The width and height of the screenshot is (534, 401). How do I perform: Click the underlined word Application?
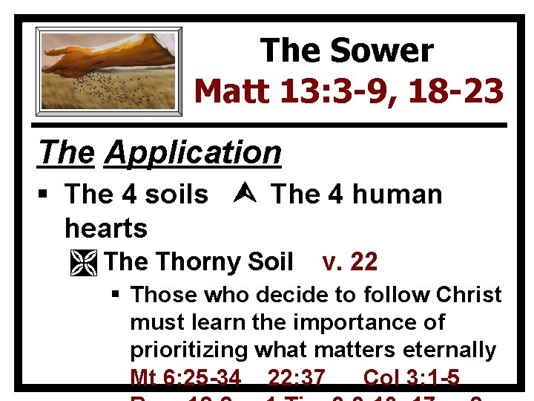(193, 153)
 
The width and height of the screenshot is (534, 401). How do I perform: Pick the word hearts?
(106, 227)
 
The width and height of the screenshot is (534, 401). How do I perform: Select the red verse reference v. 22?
(350, 261)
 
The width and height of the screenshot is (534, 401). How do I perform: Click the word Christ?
(469, 295)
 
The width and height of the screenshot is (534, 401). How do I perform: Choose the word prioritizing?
(189, 350)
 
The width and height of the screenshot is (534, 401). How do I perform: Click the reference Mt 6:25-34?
(185, 378)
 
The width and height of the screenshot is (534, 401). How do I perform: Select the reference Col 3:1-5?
(411, 378)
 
